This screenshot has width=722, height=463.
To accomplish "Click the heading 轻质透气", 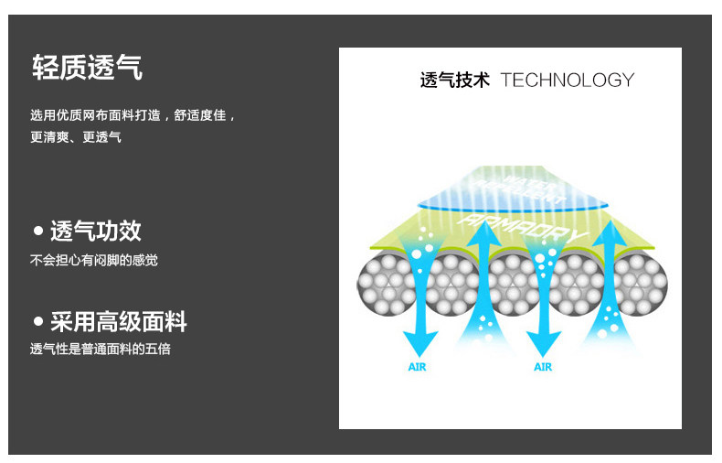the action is pos(87,67).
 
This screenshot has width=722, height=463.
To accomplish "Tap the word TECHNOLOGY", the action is pos(567,80).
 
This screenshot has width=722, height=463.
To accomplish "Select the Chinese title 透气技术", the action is pos(454,80).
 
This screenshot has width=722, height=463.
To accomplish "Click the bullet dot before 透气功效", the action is pos(38,230).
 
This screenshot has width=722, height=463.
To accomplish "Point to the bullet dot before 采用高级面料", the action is pos(38,321).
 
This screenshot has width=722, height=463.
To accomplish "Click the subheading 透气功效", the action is pos(96,231).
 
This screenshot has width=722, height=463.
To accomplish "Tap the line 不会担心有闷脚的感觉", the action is pos(94,260).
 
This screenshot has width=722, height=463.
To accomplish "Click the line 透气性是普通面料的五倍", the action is pos(101,349).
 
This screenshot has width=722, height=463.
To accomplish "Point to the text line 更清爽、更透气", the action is pos(76,137).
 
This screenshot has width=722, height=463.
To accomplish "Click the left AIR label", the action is pos(417,367).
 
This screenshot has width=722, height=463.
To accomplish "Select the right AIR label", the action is pos(543,367).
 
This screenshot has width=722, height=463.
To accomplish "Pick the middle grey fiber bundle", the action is pos(513,282).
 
